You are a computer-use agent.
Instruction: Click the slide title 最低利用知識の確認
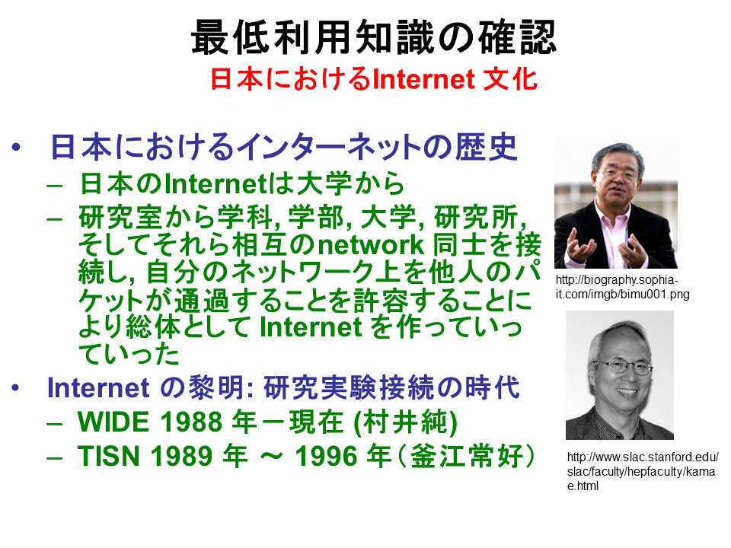(x=373, y=37)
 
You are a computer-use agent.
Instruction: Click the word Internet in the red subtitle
(x=424, y=78)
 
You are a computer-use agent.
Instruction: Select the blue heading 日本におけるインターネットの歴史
(x=284, y=147)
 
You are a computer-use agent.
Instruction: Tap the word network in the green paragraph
(x=371, y=244)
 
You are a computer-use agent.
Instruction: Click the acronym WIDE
(x=114, y=422)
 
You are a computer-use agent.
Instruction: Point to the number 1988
(x=191, y=422)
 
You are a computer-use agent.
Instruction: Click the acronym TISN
(x=109, y=456)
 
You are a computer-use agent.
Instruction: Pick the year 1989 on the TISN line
(x=181, y=456)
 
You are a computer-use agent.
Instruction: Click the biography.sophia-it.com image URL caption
(x=622, y=287)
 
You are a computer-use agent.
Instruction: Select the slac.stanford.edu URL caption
(x=643, y=471)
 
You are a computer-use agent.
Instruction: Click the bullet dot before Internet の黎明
(x=16, y=387)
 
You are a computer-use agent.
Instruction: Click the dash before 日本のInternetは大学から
(x=55, y=186)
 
